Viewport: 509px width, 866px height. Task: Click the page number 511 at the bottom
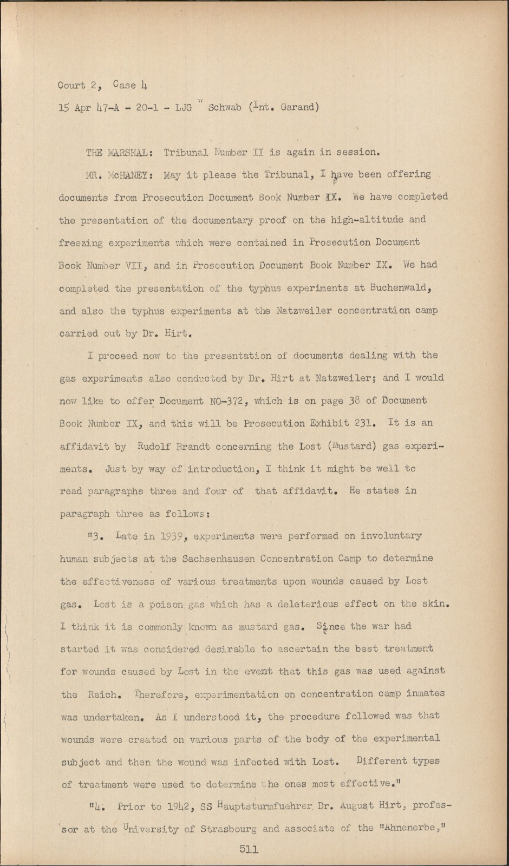(249, 849)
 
